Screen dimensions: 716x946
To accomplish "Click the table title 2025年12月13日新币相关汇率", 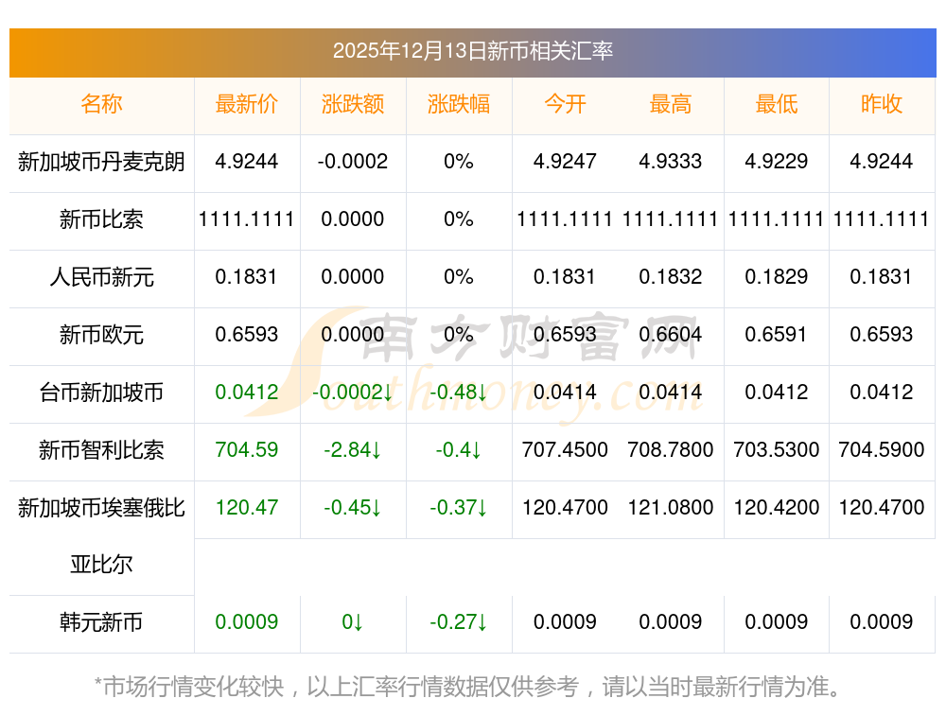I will pyautogui.click(x=472, y=50).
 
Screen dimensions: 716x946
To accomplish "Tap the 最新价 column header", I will pyautogui.click(x=247, y=104).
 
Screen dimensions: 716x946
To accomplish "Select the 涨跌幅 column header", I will pyautogui.click(x=459, y=104).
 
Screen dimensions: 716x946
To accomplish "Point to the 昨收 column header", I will pyautogui.click(x=882, y=104).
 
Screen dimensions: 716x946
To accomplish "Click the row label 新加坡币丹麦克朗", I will pyautogui.click(x=101, y=162).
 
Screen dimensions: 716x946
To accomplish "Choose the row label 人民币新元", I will pyautogui.click(x=101, y=277).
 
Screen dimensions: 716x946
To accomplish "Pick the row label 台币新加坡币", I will pyautogui.click(x=101, y=393).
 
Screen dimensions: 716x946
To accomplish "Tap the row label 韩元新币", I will pyautogui.click(x=101, y=622).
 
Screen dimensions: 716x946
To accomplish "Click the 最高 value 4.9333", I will pyautogui.click(x=671, y=162).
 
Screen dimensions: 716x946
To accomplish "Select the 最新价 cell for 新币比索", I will pyautogui.click(x=247, y=219).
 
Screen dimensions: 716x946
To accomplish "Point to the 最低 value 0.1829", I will pyautogui.click(x=777, y=277).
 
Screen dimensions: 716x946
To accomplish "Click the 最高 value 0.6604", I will pyautogui.click(x=671, y=335).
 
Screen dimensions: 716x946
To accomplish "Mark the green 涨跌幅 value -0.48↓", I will pyautogui.click(x=459, y=393).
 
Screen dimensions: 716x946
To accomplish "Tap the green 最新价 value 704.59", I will pyautogui.click(x=247, y=450).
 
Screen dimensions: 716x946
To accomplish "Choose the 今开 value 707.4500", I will pyautogui.click(x=565, y=450).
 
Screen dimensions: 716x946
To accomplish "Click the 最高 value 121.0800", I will pyautogui.click(x=671, y=508).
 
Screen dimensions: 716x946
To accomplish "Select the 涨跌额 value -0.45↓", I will pyautogui.click(x=353, y=508).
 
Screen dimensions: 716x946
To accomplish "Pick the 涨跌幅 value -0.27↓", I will pyautogui.click(x=459, y=622).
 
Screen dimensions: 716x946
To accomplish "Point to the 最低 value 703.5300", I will pyautogui.click(x=777, y=450).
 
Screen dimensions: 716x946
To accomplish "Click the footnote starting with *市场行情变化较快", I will pyautogui.click(x=468, y=687).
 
